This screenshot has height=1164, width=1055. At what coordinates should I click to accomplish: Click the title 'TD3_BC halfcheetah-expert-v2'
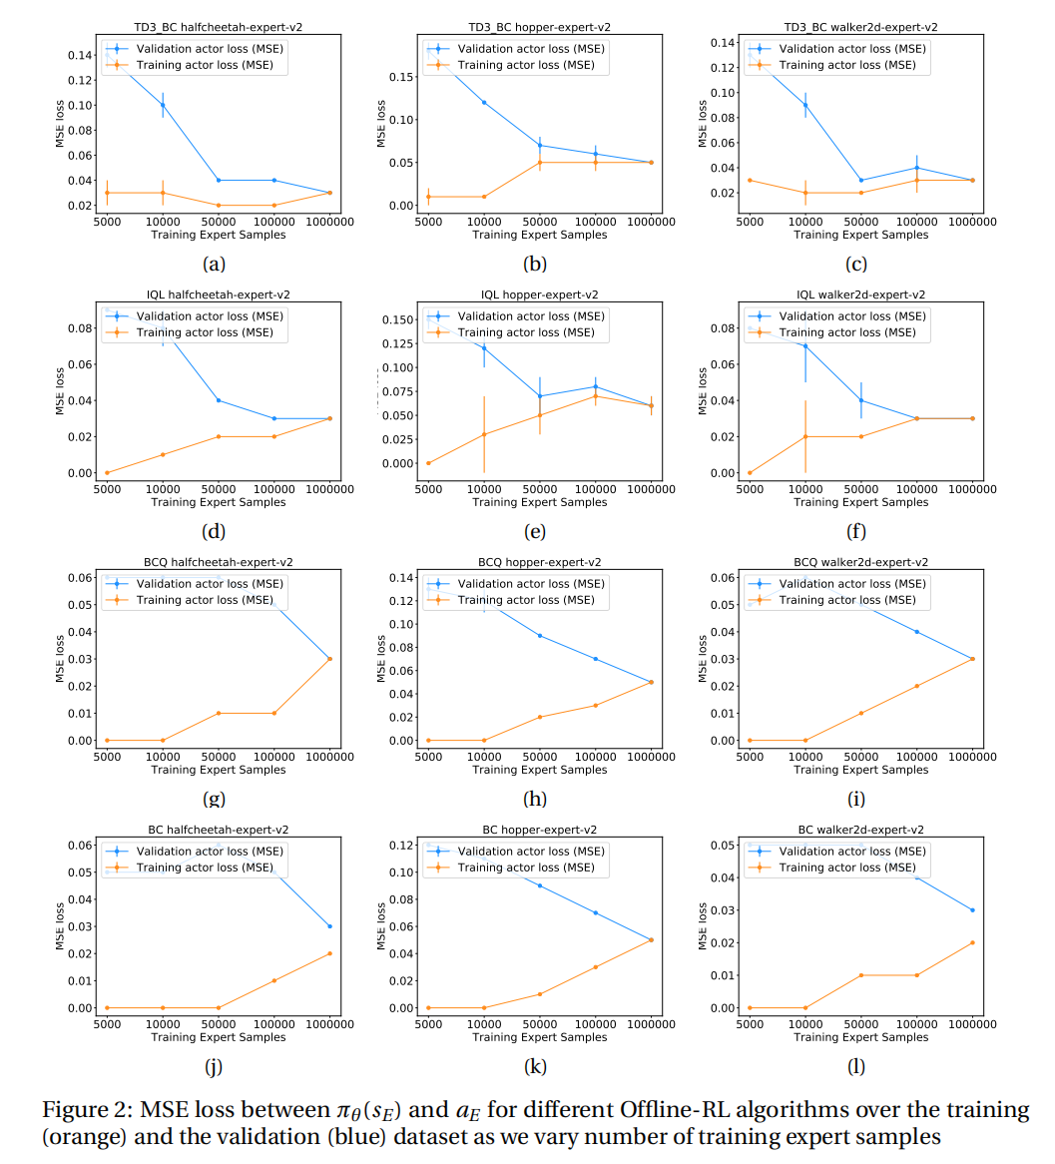coord(218,27)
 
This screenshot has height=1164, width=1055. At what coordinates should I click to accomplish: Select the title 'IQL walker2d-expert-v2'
coord(859,294)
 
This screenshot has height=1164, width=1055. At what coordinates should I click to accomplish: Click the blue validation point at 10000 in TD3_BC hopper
coord(484,102)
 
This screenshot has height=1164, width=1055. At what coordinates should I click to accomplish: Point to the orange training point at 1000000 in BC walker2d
coord(972,942)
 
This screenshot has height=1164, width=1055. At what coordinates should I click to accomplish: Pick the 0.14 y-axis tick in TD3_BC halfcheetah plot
coord(81,55)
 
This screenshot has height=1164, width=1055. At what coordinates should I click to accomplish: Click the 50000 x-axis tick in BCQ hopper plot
coord(540,756)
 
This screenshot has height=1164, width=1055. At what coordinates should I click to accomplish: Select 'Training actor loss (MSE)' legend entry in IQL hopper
coord(526,332)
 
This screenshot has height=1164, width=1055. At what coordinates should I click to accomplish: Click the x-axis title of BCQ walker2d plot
coord(860,770)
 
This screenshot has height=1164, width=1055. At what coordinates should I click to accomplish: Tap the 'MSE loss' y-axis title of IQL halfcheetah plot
coord(60,390)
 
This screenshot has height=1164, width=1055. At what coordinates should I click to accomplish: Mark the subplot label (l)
coord(856,1066)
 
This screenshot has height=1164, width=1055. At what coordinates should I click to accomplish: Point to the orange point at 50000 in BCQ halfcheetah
coord(219,713)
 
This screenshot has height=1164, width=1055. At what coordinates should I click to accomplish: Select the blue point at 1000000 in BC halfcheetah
coord(329,926)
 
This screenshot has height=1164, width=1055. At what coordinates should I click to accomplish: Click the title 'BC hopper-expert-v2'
coord(539,830)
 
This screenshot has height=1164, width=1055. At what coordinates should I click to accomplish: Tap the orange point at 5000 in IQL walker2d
coord(750,472)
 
